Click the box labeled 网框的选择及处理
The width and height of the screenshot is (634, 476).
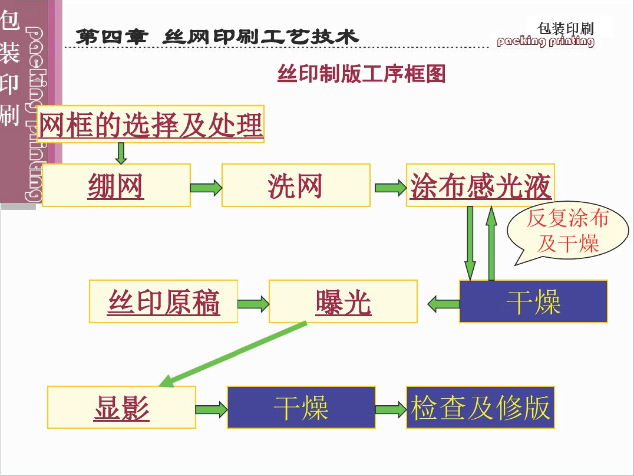pos(150,124)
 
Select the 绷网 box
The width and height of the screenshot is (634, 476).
pos(116,185)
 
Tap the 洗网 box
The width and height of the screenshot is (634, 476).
pos(296,185)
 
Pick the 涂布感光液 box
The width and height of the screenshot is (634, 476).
pos(480,185)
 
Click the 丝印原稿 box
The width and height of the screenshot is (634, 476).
pos(163,301)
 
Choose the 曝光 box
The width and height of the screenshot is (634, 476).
pos(343,301)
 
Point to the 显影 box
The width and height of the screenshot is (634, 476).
pos(121,407)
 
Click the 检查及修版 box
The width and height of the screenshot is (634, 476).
pos(480,407)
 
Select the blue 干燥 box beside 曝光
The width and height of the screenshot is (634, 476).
pos(533,301)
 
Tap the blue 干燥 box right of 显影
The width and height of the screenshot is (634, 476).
pos(301,407)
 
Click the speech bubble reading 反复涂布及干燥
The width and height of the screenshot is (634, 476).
pos(567,232)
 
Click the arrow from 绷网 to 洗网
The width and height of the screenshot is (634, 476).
pos(206,188)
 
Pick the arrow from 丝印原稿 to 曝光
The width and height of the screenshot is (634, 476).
pos(253,304)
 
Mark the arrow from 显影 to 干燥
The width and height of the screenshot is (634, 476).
pos(212,409)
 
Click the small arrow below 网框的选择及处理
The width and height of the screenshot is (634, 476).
pos(121,152)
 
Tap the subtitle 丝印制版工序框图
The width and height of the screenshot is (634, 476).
pos(361,74)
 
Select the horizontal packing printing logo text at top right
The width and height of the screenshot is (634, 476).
pos(546,41)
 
